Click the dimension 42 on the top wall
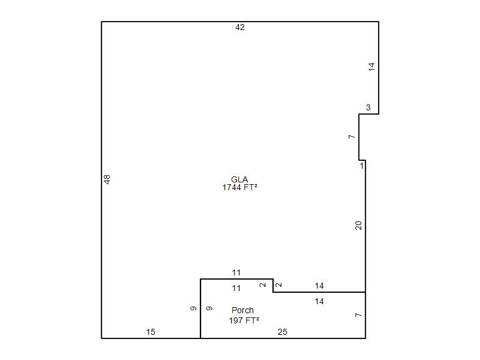(239, 27)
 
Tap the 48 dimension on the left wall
(107, 179)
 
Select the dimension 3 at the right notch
(368, 107)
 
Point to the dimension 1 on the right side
(362, 166)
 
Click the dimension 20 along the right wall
(358, 226)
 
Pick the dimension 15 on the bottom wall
(151, 332)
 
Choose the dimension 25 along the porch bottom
(282, 332)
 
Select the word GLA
(239, 179)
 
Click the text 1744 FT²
(239, 187)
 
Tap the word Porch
(243, 310)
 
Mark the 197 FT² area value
(244, 320)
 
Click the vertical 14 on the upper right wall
(371, 67)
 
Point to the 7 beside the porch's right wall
(358, 315)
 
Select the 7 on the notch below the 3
(352, 137)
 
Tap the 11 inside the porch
(236, 288)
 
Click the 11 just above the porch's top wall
(236, 272)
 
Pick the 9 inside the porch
(209, 308)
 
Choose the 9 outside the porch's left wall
(193, 308)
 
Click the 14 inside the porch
(319, 301)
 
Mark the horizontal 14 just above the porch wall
(319, 286)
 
